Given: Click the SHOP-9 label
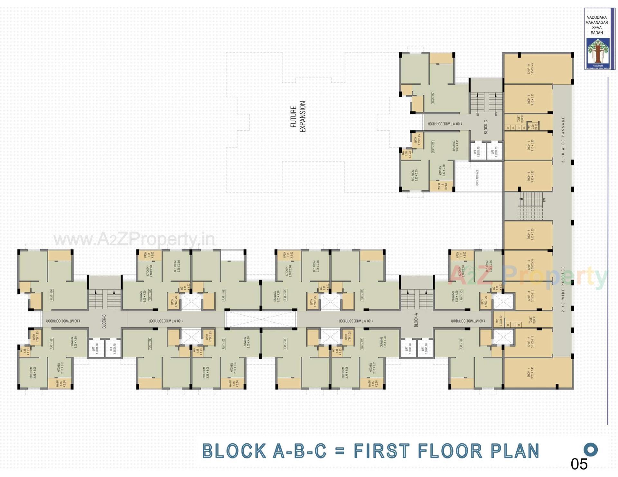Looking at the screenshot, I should [530, 69].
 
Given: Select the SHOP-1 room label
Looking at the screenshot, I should [530, 373].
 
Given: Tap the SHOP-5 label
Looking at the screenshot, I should [530, 234].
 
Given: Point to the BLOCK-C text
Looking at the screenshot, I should [486, 127].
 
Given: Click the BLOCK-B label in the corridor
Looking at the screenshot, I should [104, 321].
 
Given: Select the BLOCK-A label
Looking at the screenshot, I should [416, 320].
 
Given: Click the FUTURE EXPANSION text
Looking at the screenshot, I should [298, 117].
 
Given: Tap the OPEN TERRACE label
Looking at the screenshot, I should [477, 178].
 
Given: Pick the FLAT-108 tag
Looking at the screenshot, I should [362, 295].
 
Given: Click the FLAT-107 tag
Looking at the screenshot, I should [285, 295].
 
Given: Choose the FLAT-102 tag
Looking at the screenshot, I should [223, 295].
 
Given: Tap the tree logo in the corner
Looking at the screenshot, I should [598, 51].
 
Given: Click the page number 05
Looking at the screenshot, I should [579, 464].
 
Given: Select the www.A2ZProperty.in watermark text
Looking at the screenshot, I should [134, 239].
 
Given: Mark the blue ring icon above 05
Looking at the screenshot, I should [591, 449].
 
